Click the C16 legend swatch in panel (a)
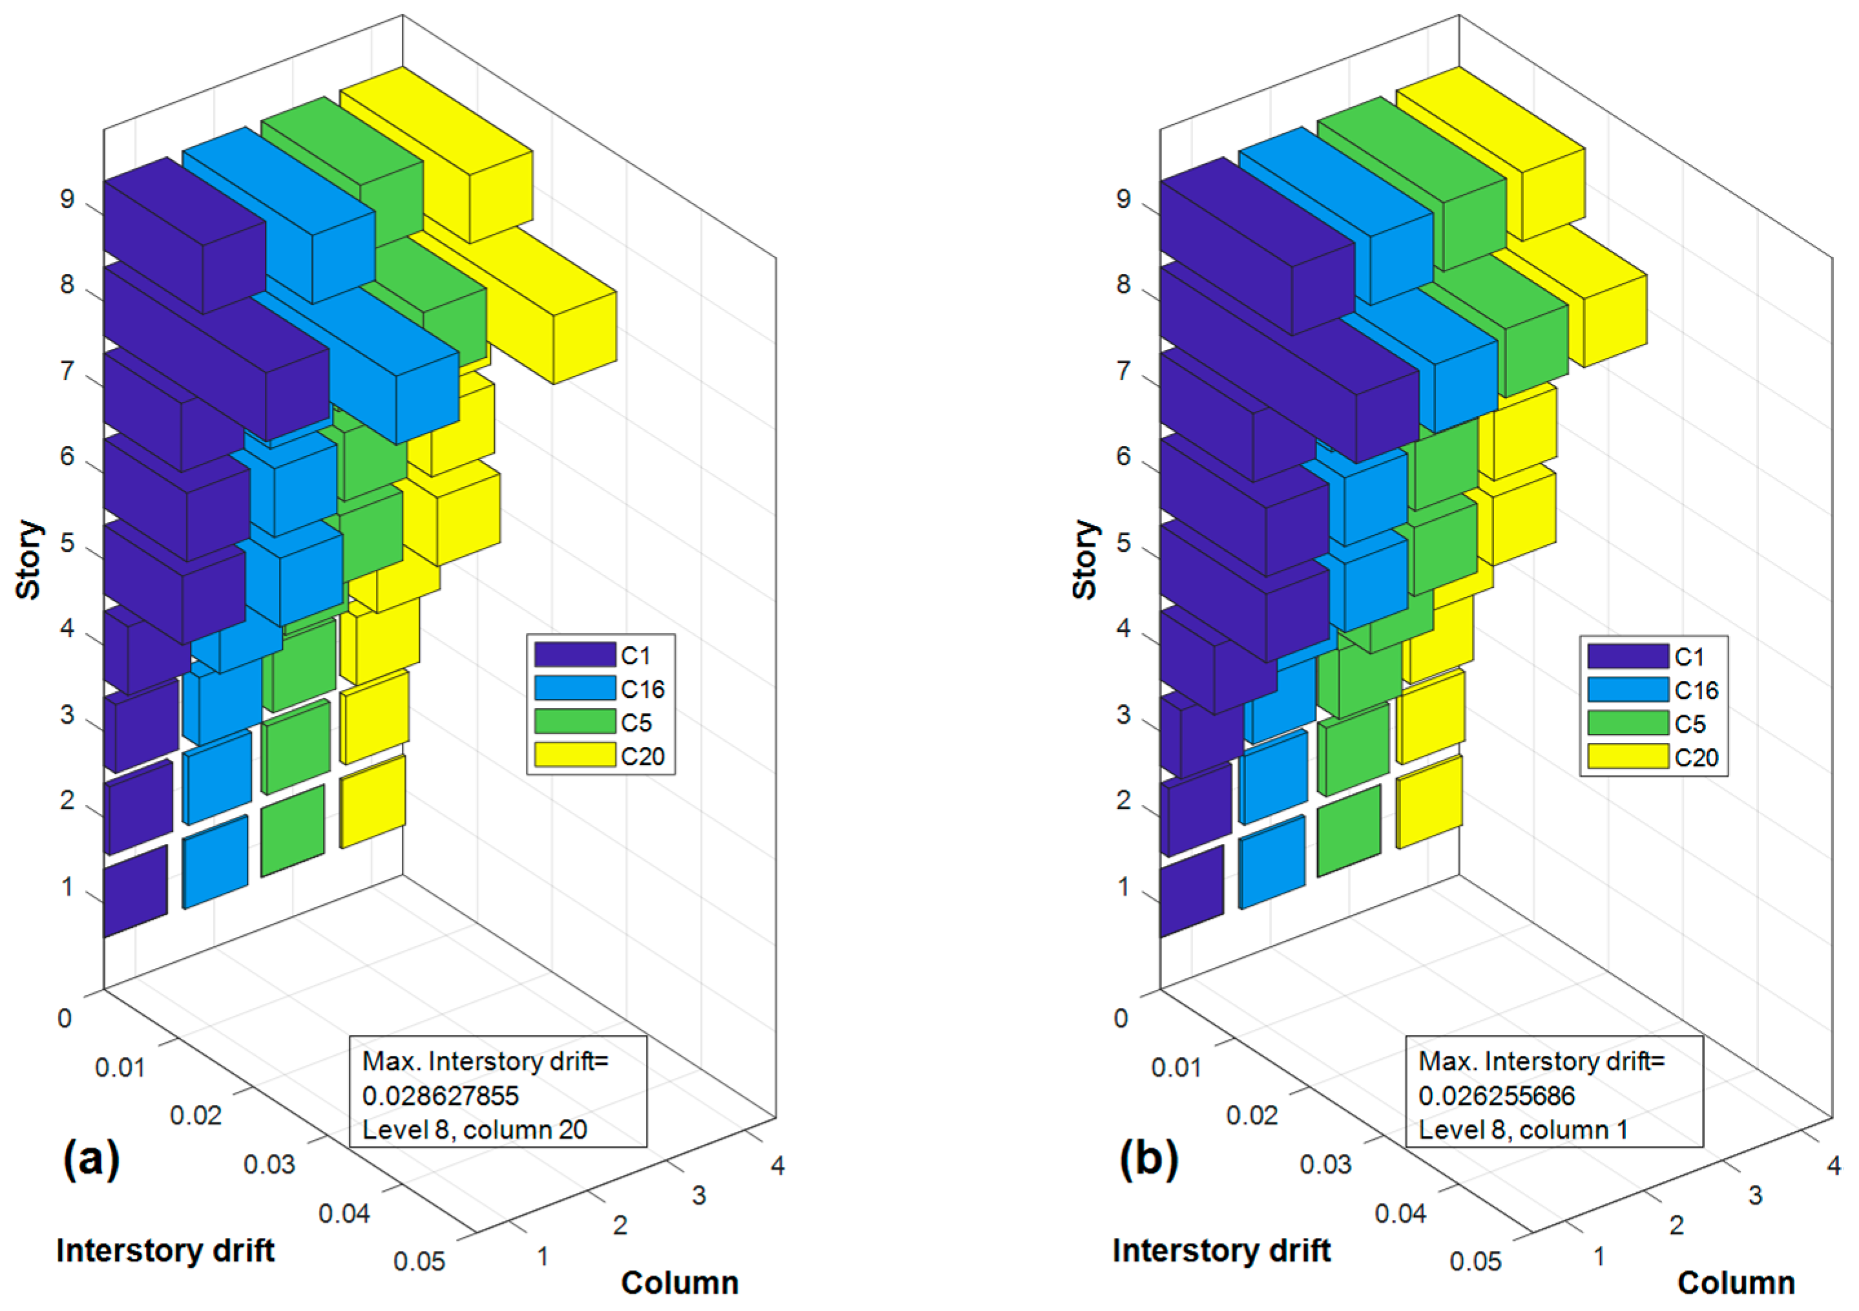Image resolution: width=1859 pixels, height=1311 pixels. [x=574, y=688]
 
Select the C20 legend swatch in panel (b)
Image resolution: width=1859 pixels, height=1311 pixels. [x=1628, y=757]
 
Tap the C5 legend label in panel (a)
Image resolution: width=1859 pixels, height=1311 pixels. [x=636, y=722]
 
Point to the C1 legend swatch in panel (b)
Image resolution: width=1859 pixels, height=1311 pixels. [x=1628, y=656]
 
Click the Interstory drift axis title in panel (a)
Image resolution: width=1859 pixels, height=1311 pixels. [x=165, y=1250]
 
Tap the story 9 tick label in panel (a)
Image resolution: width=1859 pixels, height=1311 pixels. [x=67, y=199]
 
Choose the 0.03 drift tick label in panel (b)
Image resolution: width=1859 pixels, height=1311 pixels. [x=1325, y=1164]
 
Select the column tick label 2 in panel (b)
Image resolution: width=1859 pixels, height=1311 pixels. [x=1676, y=1225]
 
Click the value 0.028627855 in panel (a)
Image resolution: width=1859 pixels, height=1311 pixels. [x=441, y=1096]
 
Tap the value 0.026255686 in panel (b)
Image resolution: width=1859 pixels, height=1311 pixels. [x=1496, y=1096]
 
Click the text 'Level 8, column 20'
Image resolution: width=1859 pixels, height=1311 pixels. [x=475, y=1129]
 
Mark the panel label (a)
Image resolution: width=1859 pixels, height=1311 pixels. [x=90, y=1158]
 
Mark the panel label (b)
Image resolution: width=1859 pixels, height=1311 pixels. [x=1148, y=1158]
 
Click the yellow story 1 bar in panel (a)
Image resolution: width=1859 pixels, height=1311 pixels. [x=373, y=802]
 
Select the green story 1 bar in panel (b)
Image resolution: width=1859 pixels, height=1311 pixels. [x=1349, y=830]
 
